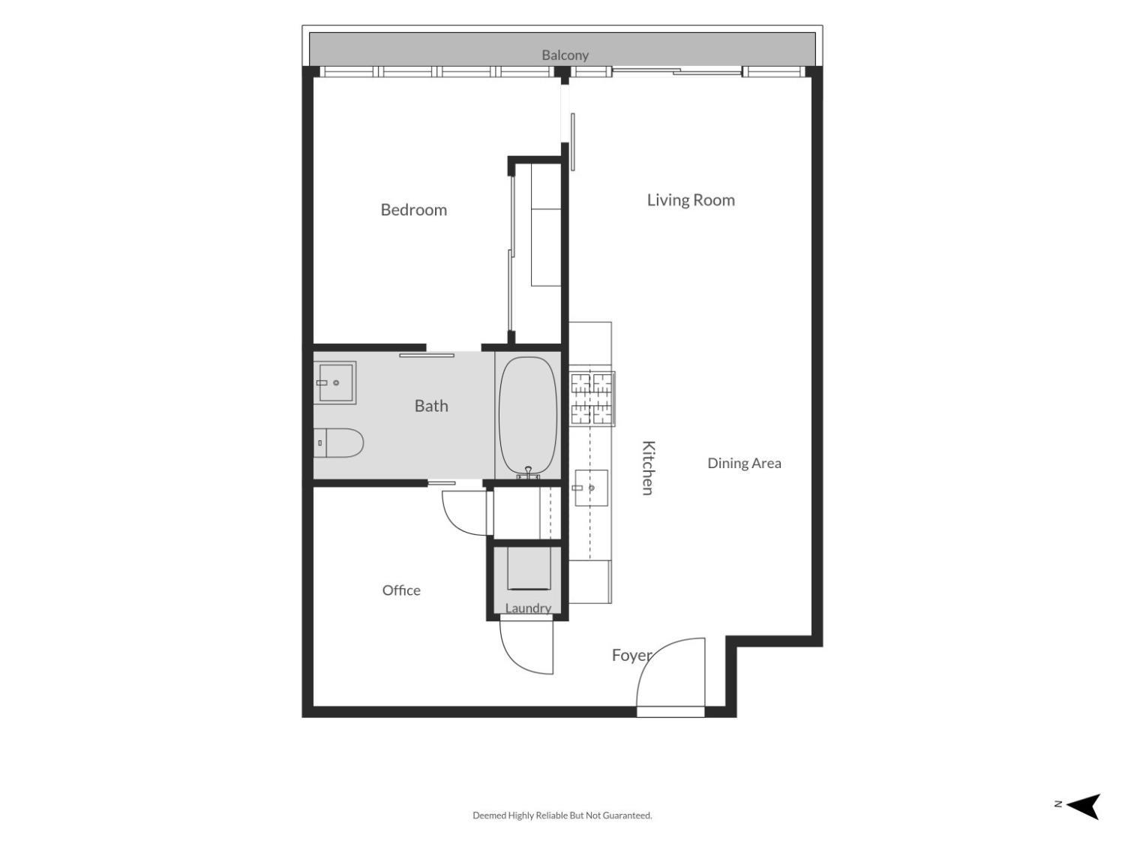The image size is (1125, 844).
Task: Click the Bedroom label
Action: coord(413,209)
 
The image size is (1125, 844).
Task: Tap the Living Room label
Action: coord(691,200)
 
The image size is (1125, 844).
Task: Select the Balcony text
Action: coord(565,55)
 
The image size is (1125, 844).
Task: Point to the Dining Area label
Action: coord(744,463)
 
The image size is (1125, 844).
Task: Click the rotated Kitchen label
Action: coord(648,468)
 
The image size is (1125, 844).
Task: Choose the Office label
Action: coord(401,590)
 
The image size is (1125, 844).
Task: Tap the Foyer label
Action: coord(632,656)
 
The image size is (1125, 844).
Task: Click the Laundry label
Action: coord(528,608)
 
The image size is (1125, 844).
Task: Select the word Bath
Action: coord(431,406)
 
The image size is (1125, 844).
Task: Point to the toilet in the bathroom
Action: coord(339,443)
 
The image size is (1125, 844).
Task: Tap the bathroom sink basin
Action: coord(335,383)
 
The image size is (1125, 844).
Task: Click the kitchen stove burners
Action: coord(592,399)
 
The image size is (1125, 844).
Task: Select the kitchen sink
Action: coord(592,488)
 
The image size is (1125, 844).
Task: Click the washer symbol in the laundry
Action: coord(529,569)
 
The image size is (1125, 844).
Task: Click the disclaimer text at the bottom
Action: coord(562,815)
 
